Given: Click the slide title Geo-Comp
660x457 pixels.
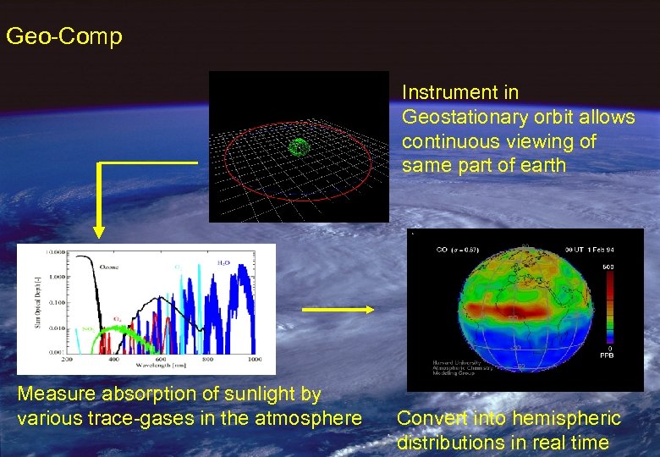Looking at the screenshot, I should pos(63,36).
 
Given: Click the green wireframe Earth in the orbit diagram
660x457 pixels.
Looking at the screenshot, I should pos(299,147).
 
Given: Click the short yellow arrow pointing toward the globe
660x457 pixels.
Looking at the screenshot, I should pos(338,310).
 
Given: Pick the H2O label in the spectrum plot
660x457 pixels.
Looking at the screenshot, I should pos(224,263).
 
